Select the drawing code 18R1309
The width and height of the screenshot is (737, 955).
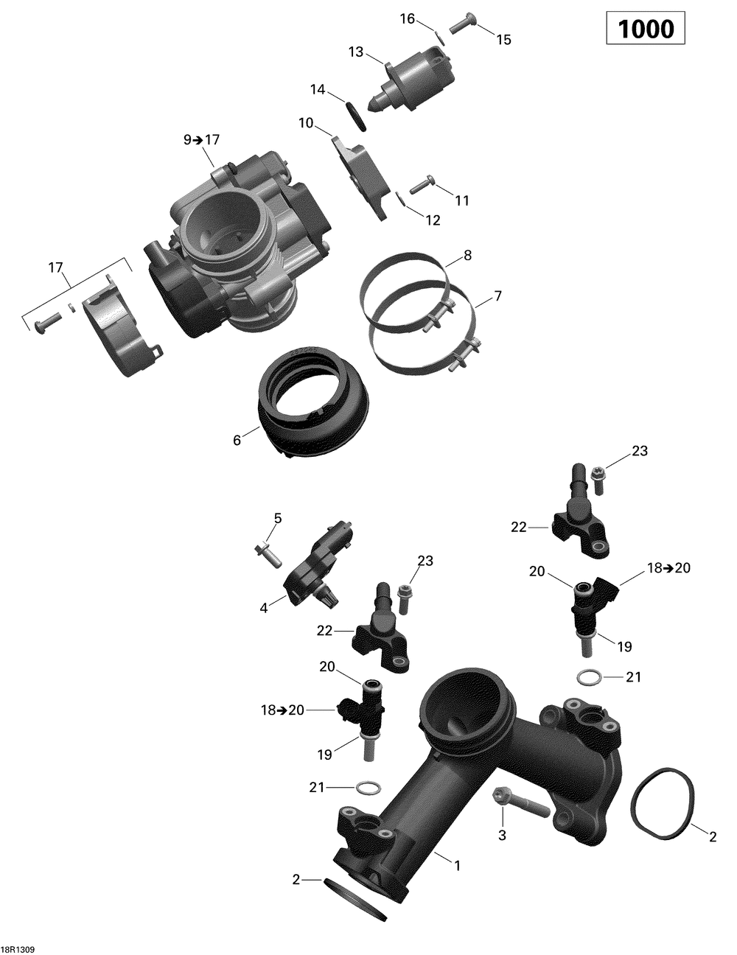[19, 945]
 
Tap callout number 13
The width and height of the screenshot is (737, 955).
[356, 52]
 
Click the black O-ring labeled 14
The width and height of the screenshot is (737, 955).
[355, 114]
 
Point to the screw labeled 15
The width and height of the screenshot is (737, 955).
[461, 24]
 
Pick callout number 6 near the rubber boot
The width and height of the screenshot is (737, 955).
[237, 440]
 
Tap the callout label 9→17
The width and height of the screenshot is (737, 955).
[201, 139]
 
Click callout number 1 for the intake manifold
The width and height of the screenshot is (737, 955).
[457, 866]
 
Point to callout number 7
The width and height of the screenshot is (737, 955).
[498, 296]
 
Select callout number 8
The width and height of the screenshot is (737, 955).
[467, 256]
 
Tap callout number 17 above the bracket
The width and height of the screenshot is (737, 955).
[56, 268]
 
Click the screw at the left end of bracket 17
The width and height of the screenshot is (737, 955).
[44, 321]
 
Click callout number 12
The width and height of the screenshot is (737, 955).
[433, 220]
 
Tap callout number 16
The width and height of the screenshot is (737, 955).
[408, 19]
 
